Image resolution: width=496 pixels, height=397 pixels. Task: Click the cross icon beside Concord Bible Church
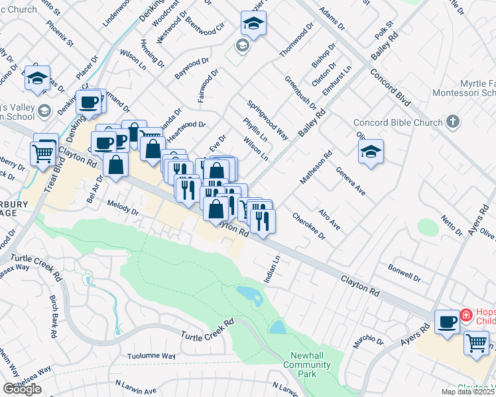(x=453, y=122)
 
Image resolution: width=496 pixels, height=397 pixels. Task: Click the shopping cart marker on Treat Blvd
(x=43, y=154)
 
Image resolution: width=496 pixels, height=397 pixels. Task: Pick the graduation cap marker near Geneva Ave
(x=371, y=152)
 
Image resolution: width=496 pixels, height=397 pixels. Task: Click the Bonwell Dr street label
(x=405, y=273)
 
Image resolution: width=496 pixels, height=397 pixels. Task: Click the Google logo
(x=22, y=388)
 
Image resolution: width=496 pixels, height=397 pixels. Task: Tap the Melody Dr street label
(x=121, y=212)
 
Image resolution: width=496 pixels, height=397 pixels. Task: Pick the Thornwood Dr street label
(x=296, y=42)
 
